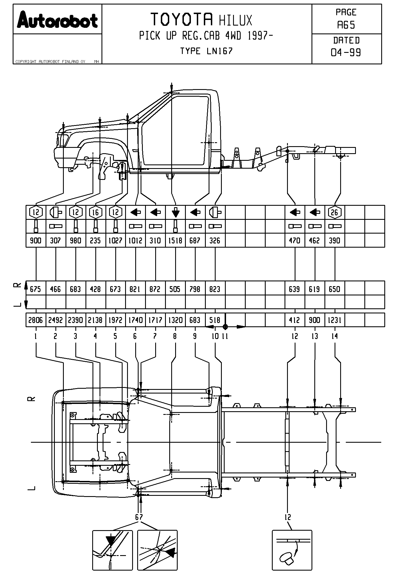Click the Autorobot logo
pos(57,20)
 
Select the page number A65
pos(346,25)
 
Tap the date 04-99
pos(346,52)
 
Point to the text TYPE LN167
pos(206,51)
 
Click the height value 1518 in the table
pos(175,241)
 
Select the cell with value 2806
pos(36,320)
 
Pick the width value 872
pos(155,289)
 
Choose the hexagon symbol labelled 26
pos(335,212)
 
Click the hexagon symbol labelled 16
pos(96,212)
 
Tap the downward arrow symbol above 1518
pos(175,212)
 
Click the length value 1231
pos(335,320)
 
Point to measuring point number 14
pos(335,336)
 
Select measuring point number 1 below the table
pos(36,336)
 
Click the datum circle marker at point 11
pos(225,327)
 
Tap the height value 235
pos(96,241)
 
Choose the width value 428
pos(96,289)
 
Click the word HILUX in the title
pos(236,21)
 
